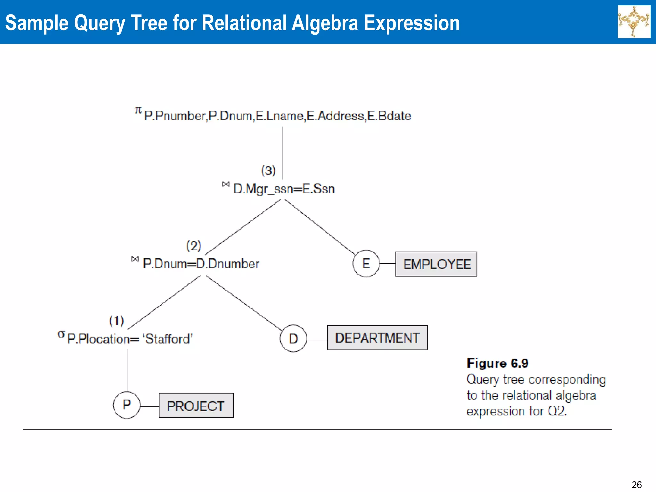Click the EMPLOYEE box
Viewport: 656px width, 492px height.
point(436,264)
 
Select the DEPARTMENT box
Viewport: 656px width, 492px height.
point(377,338)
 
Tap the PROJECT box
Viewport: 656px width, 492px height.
point(196,406)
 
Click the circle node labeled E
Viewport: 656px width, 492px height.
point(366,264)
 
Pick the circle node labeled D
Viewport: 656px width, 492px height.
point(293,339)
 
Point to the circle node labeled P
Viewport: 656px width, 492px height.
point(127,405)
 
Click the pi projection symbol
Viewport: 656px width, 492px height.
point(138,111)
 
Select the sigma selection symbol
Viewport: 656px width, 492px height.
point(61,334)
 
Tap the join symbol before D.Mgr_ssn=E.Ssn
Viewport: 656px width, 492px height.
point(226,184)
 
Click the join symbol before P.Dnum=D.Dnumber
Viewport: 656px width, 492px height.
point(135,259)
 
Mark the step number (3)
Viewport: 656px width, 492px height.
point(268,170)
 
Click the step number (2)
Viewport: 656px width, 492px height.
point(193,246)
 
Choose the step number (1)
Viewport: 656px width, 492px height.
point(117,321)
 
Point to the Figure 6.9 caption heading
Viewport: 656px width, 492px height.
point(497,363)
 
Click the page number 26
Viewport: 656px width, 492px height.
point(636,484)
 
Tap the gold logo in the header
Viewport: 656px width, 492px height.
point(634,22)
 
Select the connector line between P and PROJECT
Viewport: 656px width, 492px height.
point(149,406)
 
